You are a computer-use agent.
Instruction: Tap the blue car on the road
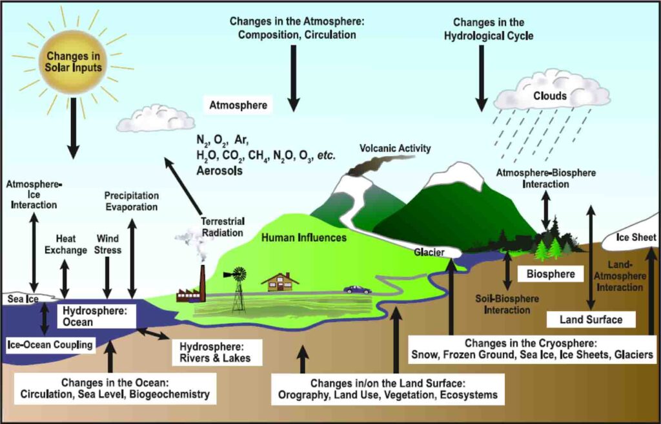click(356, 290)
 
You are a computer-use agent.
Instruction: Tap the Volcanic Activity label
click(395, 149)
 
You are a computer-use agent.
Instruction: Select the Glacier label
click(429, 253)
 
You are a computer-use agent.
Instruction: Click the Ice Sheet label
click(635, 237)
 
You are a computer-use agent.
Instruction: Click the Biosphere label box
click(550, 273)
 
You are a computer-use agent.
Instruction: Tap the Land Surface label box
click(591, 319)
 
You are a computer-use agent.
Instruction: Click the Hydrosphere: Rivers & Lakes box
click(216, 351)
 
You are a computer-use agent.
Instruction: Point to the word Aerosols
click(219, 171)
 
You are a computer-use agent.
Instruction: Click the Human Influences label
click(303, 238)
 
